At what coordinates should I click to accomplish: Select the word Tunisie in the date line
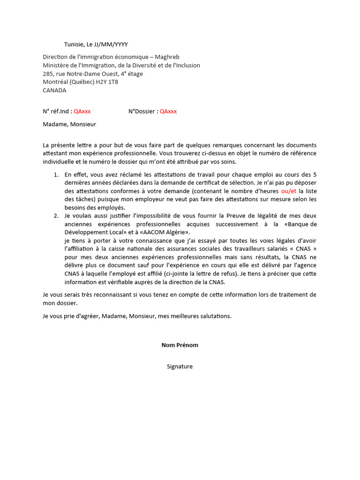pyautogui.click(x=74, y=45)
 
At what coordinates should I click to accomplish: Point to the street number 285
pyautogui.click(x=48, y=74)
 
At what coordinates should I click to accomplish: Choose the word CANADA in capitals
pyautogui.click(x=54, y=90)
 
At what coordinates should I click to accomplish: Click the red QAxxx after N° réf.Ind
pyautogui.click(x=82, y=111)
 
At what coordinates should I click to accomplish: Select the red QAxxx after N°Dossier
pyautogui.click(x=168, y=111)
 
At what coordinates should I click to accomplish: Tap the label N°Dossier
pyautogui.click(x=142, y=111)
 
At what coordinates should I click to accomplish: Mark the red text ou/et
pyautogui.click(x=289, y=191)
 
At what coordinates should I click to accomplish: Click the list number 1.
pyautogui.click(x=55, y=174)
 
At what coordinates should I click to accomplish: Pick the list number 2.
pyautogui.click(x=55, y=216)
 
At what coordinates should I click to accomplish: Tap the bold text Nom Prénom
pyautogui.click(x=180, y=345)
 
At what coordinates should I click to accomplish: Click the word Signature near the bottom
pyautogui.click(x=180, y=367)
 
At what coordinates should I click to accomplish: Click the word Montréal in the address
pyautogui.click(x=56, y=82)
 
